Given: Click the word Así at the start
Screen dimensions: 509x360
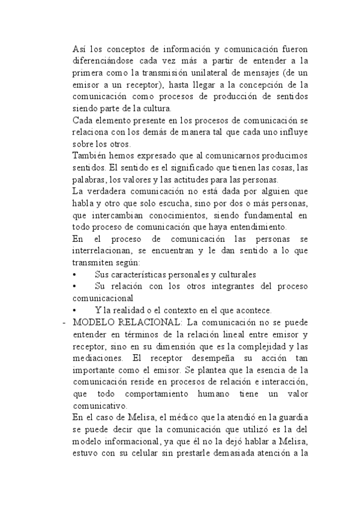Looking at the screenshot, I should click(x=78, y=47).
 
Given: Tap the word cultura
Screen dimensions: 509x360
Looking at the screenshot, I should click(x=157, y=108).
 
